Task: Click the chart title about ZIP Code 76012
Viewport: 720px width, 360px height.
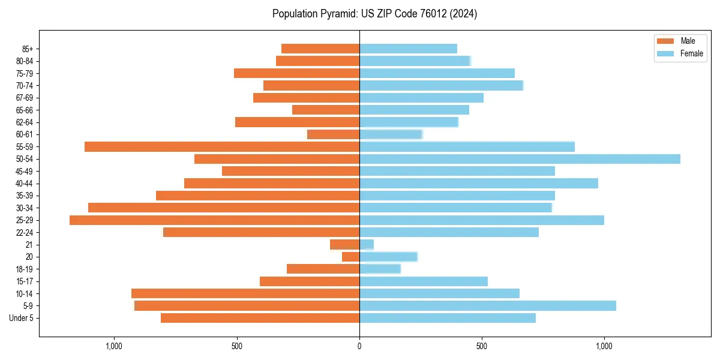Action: tap(374, 14)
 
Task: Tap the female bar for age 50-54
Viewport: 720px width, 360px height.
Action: tap(520, 159)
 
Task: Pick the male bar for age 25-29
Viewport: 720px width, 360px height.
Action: tap(214, 220)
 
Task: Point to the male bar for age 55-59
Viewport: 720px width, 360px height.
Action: tap(222, 146)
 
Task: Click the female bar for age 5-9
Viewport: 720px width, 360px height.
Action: tap(487, 306)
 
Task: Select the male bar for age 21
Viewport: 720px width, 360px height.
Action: tap(345, 245)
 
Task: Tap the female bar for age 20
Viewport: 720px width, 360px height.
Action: tap(388, 257)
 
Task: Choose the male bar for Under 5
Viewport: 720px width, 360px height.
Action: tap(260, 318)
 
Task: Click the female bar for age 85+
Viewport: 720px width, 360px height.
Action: tap(408, 49)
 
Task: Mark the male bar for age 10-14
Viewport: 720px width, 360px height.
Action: tap(245, 293)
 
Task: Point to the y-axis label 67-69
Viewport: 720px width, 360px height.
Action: tap(24, 98)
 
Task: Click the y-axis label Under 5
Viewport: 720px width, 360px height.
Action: tap(22, 318)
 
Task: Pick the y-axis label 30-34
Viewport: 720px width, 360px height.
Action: tap(24, 208)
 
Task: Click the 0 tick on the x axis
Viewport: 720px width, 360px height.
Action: tap(359, 346)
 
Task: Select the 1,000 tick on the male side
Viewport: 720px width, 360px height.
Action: tap(114, 346)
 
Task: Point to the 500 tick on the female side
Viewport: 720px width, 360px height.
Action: tap(482, 346)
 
